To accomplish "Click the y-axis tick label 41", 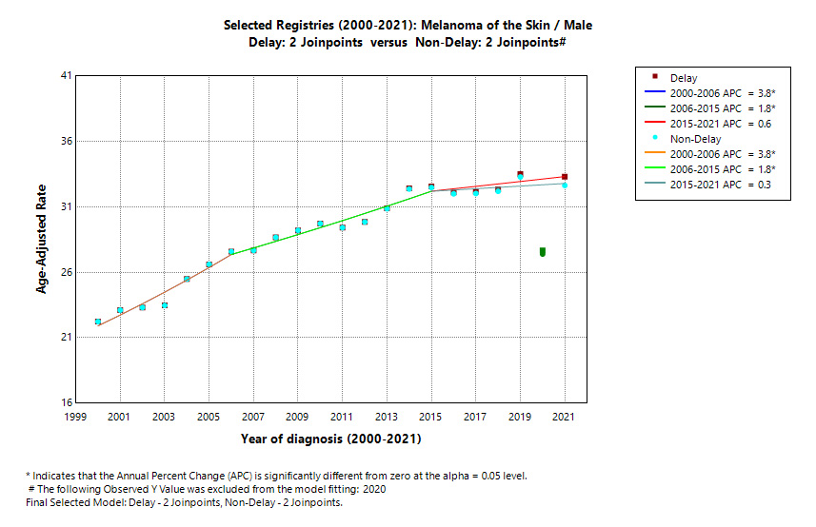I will point(67,75).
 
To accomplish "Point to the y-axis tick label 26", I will point(67,272).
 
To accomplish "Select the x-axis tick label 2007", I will point(253,417).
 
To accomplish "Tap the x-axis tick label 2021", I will point(565,417).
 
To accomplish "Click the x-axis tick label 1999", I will point(75,417).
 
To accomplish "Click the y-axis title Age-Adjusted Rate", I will point(42,239).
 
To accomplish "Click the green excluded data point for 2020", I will point(543,252).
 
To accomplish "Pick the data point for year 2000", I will point(98,322).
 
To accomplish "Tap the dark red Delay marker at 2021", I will point(565,177).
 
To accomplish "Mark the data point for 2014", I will point(409,188).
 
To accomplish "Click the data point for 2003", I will point(165,305).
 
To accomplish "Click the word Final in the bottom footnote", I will point(39,502).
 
